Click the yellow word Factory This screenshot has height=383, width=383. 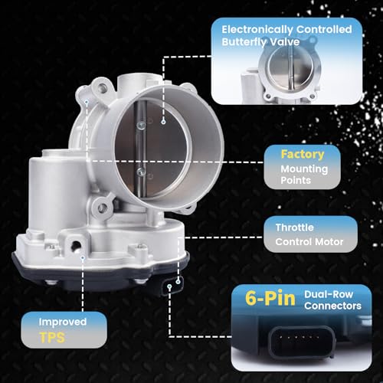tap(303, 155)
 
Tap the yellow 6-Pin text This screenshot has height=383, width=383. tap(270, 298)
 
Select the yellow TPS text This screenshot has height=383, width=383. tap(52, 338)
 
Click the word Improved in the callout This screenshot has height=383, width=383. tap(63, 322)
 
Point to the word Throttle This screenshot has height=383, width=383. tap(294, 228)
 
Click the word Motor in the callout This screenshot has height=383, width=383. tap(330, 241)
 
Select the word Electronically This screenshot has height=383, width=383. tap(257, 29)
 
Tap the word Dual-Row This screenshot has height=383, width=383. tap(329, 294)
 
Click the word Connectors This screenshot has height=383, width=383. tap(332, 306)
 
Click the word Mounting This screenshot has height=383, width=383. tap(304, 169)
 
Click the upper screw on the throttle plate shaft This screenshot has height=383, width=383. tap(141, 126)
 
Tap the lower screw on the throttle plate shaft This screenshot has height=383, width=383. tap(141, 172)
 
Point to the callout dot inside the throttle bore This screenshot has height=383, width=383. tap(163, 122)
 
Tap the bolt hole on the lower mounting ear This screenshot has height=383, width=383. tap(102, 208)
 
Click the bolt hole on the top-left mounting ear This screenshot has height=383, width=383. tap(102, 88)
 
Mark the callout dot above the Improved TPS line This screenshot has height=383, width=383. tap(83, 258)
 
